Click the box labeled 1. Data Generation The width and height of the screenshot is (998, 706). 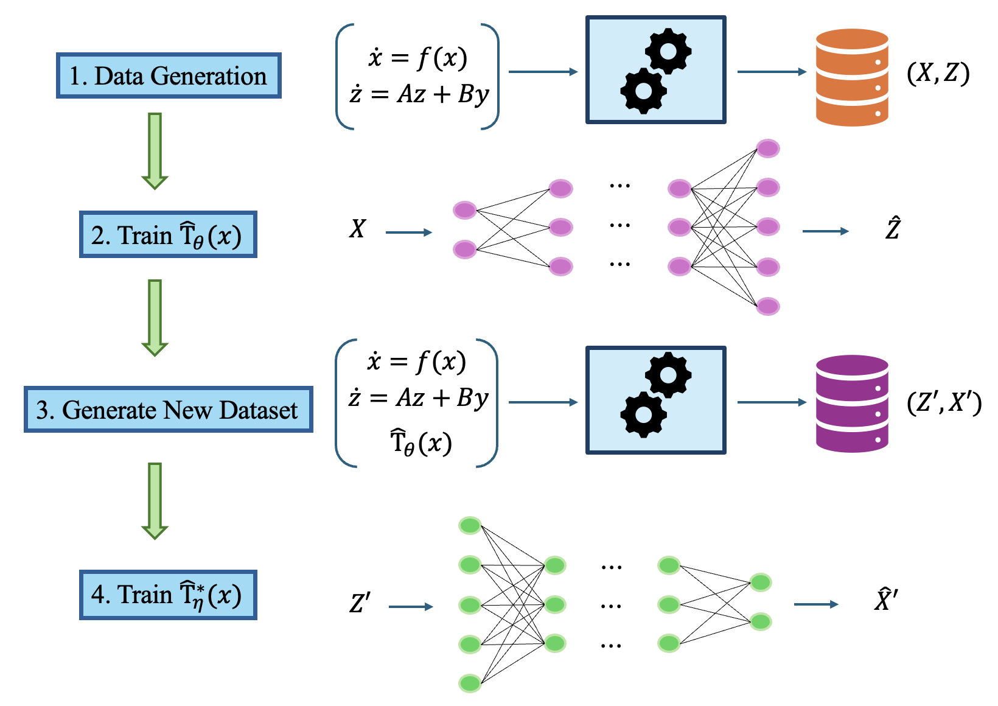169,76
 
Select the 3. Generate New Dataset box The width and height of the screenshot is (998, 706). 168,410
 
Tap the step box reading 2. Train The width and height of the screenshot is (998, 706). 168,235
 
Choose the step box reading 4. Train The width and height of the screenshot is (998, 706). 168,595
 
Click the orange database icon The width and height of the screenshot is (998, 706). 851,77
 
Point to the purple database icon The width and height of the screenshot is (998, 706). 851,404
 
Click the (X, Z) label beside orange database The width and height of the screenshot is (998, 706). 938,74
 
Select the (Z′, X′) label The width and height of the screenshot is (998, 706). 944,403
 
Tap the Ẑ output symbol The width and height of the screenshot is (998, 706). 892,229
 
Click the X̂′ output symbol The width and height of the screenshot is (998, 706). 885,599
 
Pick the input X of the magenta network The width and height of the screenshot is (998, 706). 357,229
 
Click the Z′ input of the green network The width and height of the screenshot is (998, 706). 360,604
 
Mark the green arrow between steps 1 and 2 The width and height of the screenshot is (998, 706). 155,150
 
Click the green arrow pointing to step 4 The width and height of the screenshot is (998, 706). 155,500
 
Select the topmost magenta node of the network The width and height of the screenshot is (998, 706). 768,148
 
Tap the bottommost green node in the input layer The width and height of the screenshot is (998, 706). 470,683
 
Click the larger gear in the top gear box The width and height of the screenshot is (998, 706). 668,52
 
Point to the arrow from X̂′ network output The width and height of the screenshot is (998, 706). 816,604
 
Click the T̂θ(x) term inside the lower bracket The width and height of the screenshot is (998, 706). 420,443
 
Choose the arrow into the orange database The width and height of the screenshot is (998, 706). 772,72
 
